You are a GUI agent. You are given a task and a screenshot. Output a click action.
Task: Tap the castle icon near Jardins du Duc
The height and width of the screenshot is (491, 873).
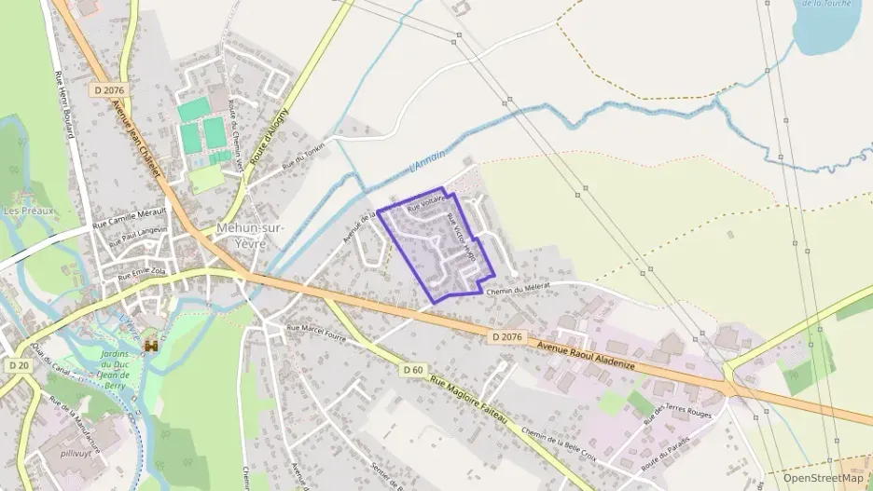coord(149,347)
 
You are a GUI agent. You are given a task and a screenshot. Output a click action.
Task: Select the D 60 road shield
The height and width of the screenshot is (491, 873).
coord(414,370)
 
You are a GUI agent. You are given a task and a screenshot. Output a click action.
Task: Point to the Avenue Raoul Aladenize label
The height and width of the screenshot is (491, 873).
coord(587,356)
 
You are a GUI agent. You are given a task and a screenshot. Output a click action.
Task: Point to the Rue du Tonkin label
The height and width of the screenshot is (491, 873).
coord(306,158)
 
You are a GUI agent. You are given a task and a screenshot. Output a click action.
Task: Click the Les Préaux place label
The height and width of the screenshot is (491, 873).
coord(29,211)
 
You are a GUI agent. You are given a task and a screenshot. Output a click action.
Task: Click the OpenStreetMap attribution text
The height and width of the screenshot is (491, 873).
coord(824,478)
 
